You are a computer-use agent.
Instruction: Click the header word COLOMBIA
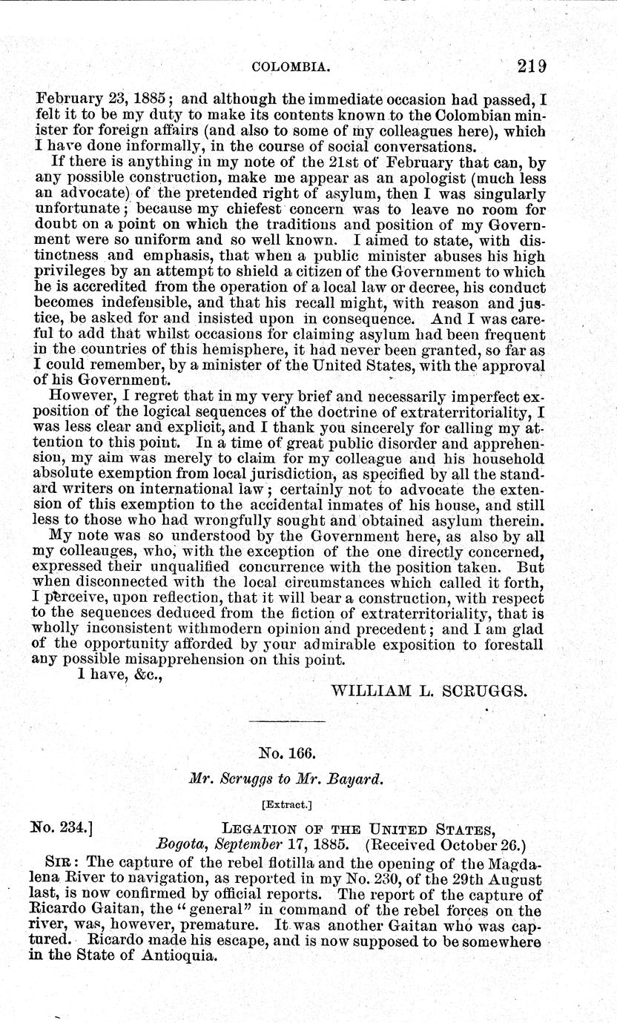pyautogui.click(x=291, y=67)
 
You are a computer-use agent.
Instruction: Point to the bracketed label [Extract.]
pyautogui.click(x=287, y=803)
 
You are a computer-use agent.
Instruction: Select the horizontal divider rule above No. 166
pyautogui.click(x=288, y=721)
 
